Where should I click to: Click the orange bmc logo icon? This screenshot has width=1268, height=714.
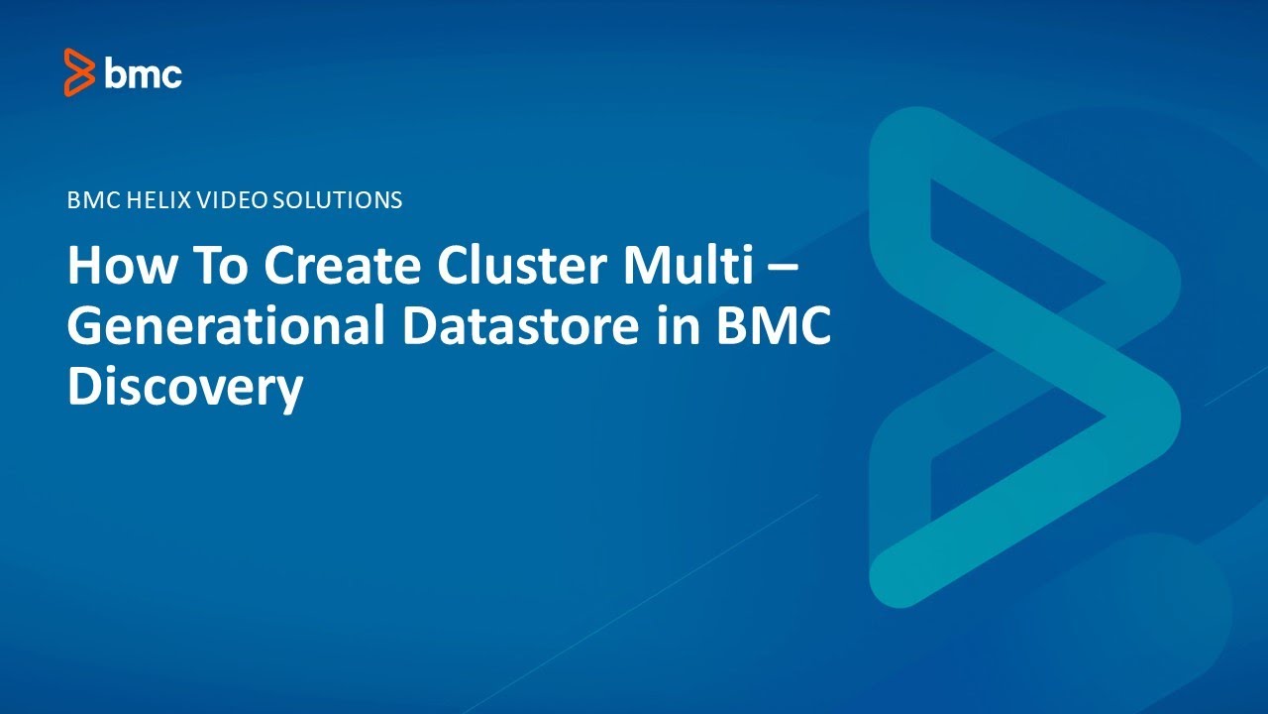click(x=78, y=72)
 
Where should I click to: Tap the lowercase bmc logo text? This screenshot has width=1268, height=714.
click(x=144, y=74)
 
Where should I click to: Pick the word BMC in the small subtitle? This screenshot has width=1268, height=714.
click(x=91, y=200)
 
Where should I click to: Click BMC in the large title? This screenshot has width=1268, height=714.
click(x=777, y=328)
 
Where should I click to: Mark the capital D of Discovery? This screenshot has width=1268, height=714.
click(x=84, y=388)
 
